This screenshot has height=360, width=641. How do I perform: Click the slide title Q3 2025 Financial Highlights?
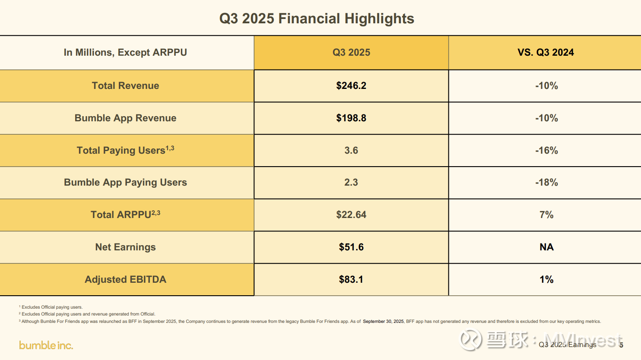click(x=317, y=19)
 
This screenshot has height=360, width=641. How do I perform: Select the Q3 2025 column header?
click(x=351, y=52)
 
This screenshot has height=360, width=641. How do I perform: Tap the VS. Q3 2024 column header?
click(x=546, y=52)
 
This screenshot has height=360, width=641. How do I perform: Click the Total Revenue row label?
click(x=125, y=85)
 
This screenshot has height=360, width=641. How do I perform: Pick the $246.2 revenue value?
click(x=351, y=85)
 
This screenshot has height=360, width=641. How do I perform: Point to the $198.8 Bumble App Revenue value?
click(x=351, y=118)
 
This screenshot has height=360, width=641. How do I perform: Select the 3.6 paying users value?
click(x=351, y=150)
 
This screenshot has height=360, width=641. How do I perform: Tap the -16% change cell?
click(x=546, y=150)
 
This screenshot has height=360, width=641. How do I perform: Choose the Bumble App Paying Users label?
click(x=125, y=182)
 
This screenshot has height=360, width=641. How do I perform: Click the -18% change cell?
click(x=546, y=182)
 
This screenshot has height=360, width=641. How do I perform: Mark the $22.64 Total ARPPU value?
click(x=351, y=215)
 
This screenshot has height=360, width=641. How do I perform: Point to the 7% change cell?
click(x=546, y=215)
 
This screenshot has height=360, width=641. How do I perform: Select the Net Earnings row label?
click(x=125, y=247)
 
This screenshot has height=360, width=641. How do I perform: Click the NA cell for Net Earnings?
click(x=546, y=247)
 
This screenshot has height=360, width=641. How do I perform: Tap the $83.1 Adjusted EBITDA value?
click(x=351, y=279)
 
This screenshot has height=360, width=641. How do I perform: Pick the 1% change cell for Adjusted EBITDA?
click(x=546, y=279)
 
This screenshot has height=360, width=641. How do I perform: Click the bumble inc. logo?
click(x=46, y=345)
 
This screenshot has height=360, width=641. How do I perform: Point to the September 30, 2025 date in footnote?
click(x=383, y=321)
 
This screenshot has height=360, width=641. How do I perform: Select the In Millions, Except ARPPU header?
click(x=125, y=52)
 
